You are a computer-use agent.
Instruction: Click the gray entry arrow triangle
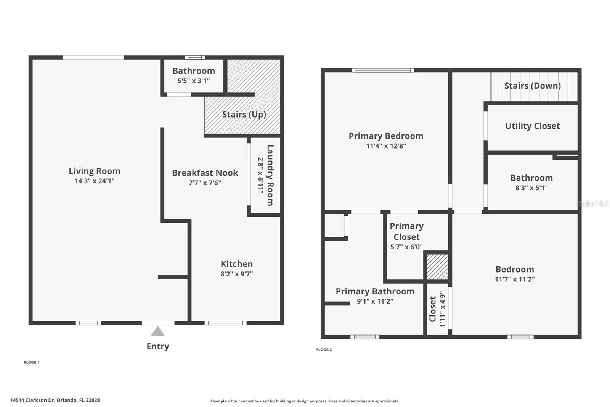click(158, 331)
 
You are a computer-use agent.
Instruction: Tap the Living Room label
click(95, 171)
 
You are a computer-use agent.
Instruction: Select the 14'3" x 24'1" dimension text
click(95, 181)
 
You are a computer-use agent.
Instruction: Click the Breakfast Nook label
click(205, 173)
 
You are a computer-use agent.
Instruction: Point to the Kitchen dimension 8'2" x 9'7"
click(236, 274)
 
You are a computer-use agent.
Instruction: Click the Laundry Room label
click(270, 175)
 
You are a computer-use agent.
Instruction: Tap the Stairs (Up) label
click(244, 115)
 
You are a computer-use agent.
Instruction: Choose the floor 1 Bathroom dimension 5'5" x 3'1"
click(194, 81)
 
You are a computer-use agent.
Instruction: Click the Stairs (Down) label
click(532, 86)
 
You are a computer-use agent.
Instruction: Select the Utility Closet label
click(532, 126)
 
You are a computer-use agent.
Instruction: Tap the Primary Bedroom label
click(386, 136)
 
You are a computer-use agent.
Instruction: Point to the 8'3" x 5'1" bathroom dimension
click(531, 188)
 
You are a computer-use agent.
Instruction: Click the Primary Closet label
click(406, 231)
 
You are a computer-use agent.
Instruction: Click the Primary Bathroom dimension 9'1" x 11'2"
click(375, 301)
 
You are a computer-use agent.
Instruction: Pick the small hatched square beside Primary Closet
click(437, 267)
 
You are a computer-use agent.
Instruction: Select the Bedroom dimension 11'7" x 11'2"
click(515, 279)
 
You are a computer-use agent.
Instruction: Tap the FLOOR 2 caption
click(324, 350)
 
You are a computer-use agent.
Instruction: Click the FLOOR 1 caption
click(32, 362)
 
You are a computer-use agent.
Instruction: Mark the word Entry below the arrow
click(158, 346)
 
